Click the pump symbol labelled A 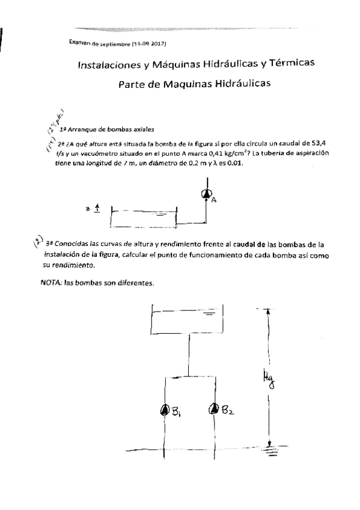[206, 193]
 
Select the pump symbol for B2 [213, 410]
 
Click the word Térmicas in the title [303, 63]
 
